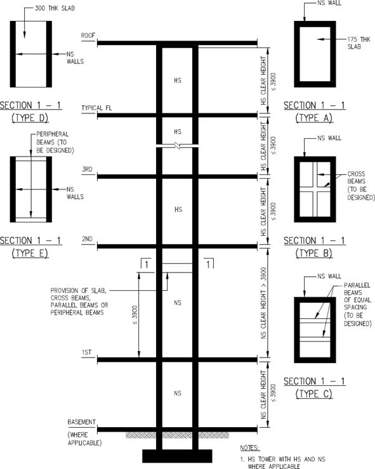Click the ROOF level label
tap(88, 35)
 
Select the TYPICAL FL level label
tap(96, 108)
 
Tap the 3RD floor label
tap(87, 169)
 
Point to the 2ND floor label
tap(87, 239)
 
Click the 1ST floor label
tap(86, 352)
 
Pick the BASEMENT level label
tap(81, 422)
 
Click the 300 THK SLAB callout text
tap(55, 8)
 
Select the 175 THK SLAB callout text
tap(359, 43)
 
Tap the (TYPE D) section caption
tap(30, 118)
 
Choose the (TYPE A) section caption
tap(314, 118)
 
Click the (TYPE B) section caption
tap(314, 253)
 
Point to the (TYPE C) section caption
tap(314, 394)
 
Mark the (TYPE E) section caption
tap(30, 253)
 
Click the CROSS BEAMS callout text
tap(360, 186)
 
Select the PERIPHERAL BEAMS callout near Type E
tap(55, 142)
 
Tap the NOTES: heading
tap(250, 447)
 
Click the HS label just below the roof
tap(178, 80)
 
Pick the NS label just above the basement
tap(178, 393)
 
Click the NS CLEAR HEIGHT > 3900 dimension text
tap(263, 303)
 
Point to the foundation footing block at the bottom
tap(177, 456)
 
